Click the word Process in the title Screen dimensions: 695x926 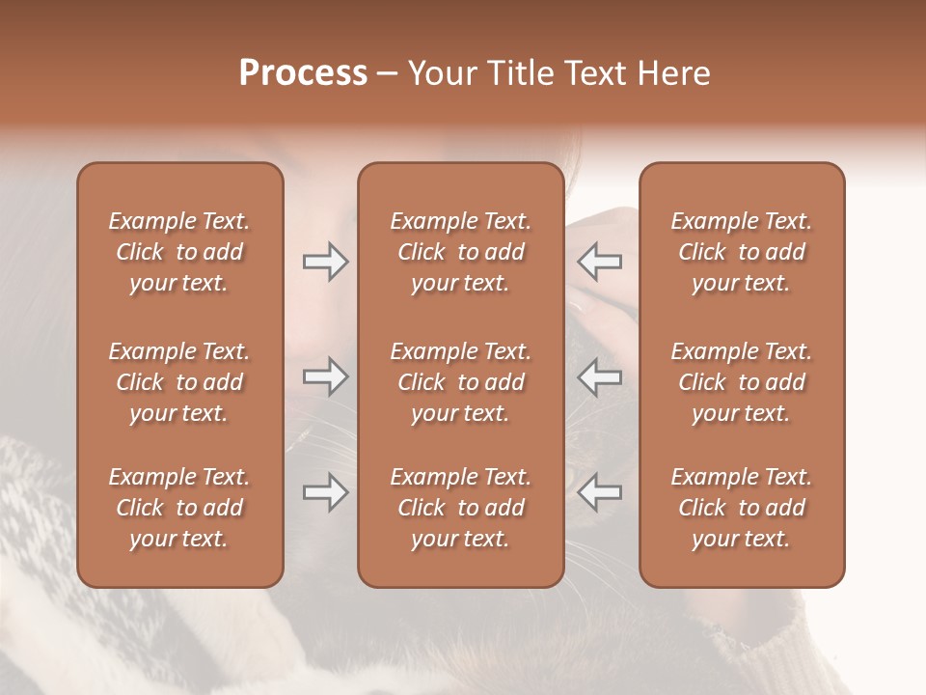point(303,73)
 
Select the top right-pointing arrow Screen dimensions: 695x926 point(325,262)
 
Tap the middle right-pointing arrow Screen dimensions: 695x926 point(325,376)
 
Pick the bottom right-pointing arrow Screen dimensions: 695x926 point(325,492)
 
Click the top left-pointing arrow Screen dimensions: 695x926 point(600,262)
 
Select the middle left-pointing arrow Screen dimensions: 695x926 point(600,376)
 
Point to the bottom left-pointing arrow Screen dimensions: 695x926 point(600,492)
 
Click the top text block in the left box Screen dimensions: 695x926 point(179,252)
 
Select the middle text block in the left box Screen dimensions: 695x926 point(179,382)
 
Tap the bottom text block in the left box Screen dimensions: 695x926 point(179,508)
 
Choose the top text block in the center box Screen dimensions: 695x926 point(461,252)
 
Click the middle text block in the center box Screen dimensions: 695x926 point(461,382)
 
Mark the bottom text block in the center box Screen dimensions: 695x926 point(461,508)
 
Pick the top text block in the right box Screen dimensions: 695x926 point(742,252)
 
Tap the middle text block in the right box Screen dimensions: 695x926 point(742,382)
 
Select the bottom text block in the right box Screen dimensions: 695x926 point(742,508)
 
